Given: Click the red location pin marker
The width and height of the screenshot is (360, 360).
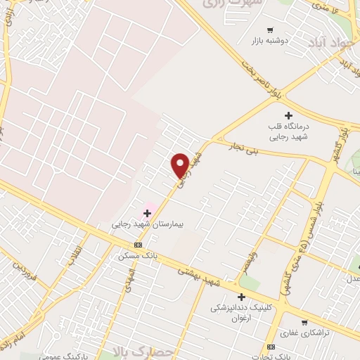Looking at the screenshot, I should (x=180, y=165).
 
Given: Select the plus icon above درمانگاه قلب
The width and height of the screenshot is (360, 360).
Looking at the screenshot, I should (x=288, y=115).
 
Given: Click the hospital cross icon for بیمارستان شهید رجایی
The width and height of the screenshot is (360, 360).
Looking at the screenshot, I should (x=148, y=212).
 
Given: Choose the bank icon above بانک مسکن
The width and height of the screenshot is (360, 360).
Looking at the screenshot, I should (x=138, y=245).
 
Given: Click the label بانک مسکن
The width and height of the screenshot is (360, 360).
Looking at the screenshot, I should (x=138, y=257).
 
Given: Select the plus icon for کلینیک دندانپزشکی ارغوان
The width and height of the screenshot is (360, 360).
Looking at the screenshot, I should (x=242, y=297).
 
